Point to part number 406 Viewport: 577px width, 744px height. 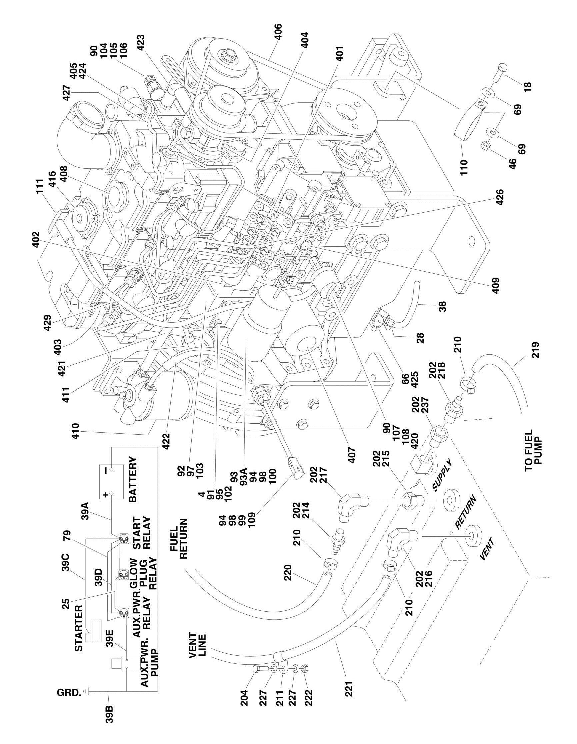tap(278, 32)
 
